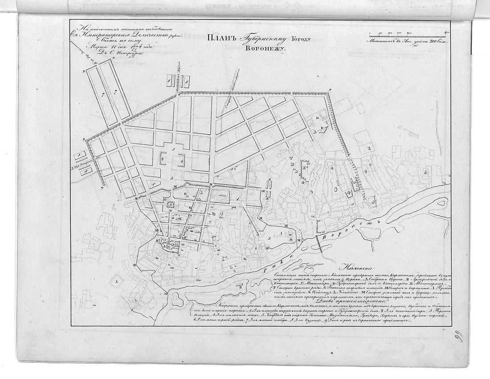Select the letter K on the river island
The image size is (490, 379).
pyautogui.click(x=241, y=287)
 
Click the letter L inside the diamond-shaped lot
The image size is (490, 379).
pyautogui.click(x=116, y=282)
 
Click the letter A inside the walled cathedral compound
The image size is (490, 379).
pyautogui.click(x=164, y=245)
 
